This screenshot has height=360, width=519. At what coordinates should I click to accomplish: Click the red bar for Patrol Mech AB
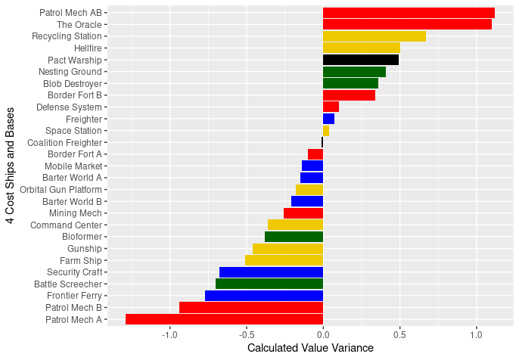pyautogui.click(x=409, y=13)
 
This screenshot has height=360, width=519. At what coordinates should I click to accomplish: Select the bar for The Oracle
pyautogui.click(x=407, y=24)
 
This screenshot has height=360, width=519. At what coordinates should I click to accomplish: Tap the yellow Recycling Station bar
pyautogui.click(x=374, y=36)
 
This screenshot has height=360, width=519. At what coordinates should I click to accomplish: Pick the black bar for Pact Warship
pyautogui.click(x=361, y=60)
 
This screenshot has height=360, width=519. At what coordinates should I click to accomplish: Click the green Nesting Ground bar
pyautogui.click(x=354, y=72)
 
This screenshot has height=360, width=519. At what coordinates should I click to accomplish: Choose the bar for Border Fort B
pyautogui.click(x=349, y=95)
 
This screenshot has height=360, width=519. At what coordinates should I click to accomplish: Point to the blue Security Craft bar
pyautogui.click(x=271, y=272)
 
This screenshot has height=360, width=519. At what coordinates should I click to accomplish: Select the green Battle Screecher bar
pyautogui.click(x=269, y=284)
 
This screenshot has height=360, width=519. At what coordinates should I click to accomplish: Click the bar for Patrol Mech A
pyautogui.click(x=224, y=319)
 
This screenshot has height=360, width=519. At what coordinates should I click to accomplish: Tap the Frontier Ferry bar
pyautogui.click(x=264, y=296)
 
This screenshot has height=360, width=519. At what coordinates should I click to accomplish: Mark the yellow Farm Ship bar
pyautogui.click(x=284, y=260)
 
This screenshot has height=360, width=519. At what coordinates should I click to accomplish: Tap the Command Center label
pyautogui.click(x=66, y=225)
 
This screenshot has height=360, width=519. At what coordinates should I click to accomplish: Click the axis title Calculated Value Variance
pyautogui.click(x=311, y=349)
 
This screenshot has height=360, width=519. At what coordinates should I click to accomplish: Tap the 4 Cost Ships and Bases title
pyautogui.click(x=11, y=166)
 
